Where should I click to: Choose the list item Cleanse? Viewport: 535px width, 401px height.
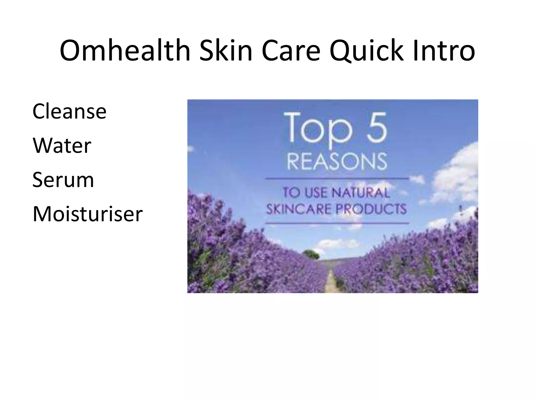pos(69,111)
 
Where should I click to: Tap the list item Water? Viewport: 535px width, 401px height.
pos(62,145)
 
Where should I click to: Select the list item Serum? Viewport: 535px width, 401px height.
pos(63,180)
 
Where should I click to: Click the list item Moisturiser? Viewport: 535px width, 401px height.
pos(88,214)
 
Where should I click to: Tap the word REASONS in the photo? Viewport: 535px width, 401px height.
pos(337,161)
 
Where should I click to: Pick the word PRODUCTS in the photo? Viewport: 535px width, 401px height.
pos(371,209)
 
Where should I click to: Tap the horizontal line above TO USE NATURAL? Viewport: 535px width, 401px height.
pos(337,179)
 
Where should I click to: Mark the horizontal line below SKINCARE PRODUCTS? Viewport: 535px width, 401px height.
pos(337,223)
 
